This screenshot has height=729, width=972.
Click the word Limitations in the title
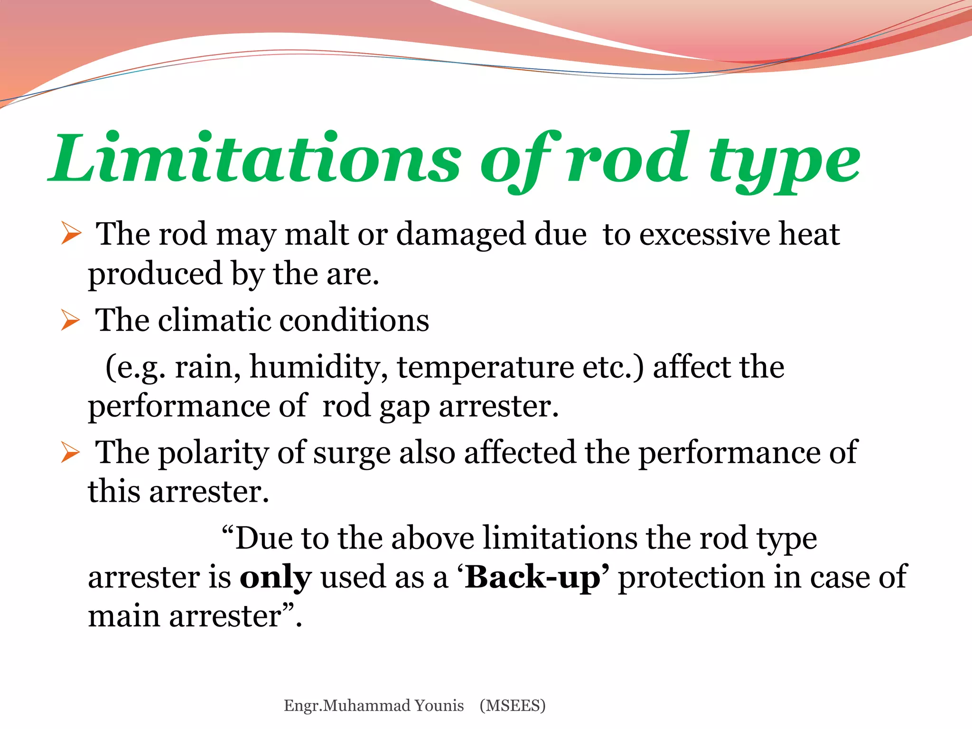[256, 159]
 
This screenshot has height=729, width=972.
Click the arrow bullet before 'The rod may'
[71, 234]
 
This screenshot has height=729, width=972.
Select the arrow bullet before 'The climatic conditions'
[70, 320]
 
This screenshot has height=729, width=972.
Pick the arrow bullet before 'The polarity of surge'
[70, 452]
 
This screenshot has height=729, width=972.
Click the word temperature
[485, 368]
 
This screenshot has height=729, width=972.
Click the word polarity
[213, 453]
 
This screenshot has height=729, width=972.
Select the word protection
[691, 578]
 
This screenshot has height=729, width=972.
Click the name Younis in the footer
[439, 706]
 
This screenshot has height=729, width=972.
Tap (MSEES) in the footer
[513, 706]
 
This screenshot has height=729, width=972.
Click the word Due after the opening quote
[264, 539]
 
